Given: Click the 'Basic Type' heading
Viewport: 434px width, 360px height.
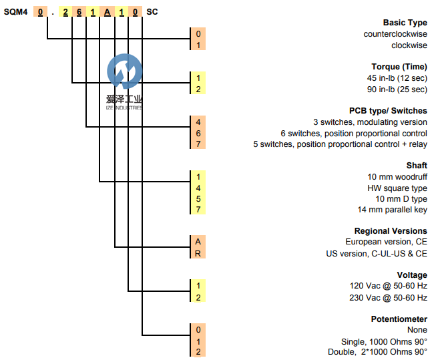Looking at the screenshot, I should click(x=405, y=23).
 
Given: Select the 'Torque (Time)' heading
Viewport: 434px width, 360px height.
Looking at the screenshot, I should click(x=399, y=67).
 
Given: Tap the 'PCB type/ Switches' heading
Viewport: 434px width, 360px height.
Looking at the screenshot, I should click(x=388, y=111).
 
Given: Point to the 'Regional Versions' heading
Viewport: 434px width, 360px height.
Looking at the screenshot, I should click(x=391, y=231).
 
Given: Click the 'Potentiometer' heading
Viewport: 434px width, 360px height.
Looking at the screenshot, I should click(x=399, y=319).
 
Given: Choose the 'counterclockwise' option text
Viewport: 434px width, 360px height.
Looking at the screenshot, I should click(x=395, y=34).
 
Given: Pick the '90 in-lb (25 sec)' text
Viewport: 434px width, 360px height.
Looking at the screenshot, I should click(x=396, y=89).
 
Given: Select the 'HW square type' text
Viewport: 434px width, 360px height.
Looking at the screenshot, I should click(x=397, y=188).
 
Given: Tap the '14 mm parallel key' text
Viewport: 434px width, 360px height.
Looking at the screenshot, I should click(x=393, y=210).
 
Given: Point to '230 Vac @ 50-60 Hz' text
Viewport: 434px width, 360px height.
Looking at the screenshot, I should click(x=389, y=298).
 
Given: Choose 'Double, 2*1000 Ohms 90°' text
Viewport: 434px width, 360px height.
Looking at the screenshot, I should click(x=377, y=352).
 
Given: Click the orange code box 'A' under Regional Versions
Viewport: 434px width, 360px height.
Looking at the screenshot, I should click(x=198, y=242).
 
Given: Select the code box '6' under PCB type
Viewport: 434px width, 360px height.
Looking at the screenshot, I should click(x=198, y=133).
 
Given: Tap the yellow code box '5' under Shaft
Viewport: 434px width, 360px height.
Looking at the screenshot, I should click(x=198, y=199).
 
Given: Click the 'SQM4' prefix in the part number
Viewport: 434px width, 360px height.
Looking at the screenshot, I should click(x=15, y=11).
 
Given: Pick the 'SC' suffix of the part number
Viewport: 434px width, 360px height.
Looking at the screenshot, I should click(x=152, y=11).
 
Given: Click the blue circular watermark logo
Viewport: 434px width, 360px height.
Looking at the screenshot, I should click(x=125, y=72).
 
